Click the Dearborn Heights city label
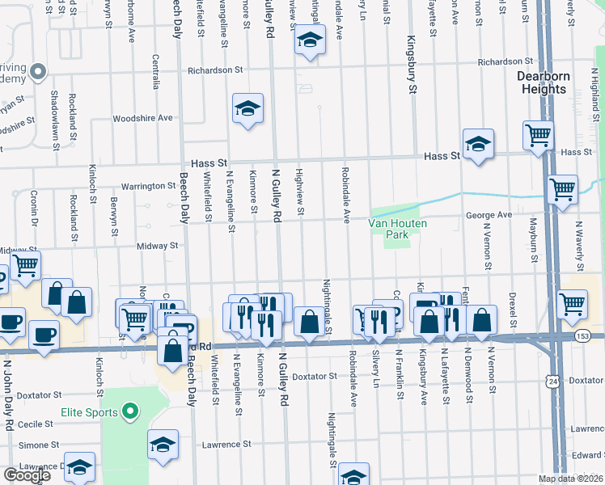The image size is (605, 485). [542, 82]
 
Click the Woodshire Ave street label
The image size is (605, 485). [143, 118]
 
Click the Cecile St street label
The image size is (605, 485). [35, 423]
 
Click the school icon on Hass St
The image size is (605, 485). [478, 143]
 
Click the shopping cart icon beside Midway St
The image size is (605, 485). [26, 264]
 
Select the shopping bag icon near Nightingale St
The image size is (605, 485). [309, 321]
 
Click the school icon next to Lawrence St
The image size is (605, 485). [163, 444]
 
